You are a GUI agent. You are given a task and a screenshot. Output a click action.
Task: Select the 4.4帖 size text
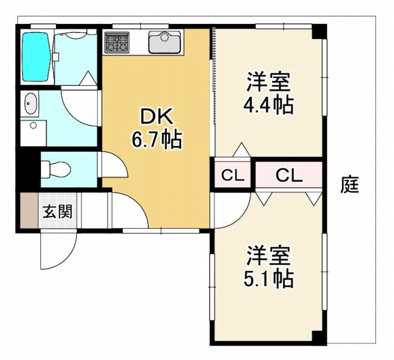pos(268,106)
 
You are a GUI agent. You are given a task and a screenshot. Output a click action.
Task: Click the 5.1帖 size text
pos(268,278)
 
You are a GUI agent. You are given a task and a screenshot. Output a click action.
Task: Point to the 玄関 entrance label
pos(57,211)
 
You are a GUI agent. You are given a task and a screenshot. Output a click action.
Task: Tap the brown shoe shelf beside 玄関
pos(29,211)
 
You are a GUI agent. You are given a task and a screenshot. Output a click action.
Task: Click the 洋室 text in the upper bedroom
pos(268,82)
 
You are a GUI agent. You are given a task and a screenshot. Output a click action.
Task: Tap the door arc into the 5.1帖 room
pos(231,210)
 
